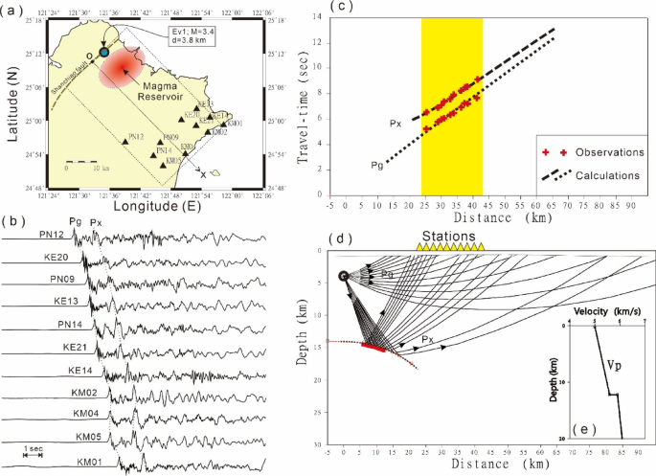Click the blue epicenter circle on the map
103,53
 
